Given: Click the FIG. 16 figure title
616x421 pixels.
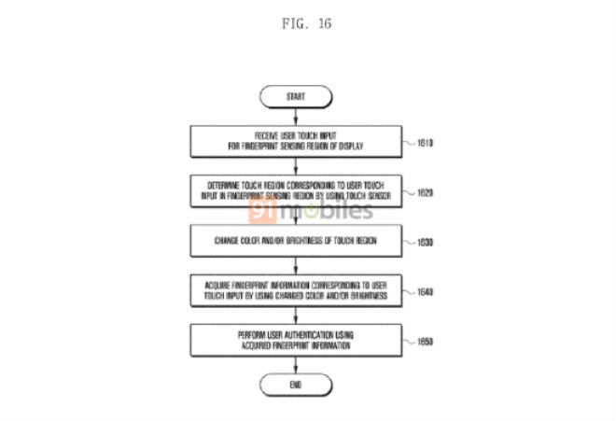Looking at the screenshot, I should click(x=307, y=22).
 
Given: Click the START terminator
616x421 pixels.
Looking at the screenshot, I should click(x=297, y=95).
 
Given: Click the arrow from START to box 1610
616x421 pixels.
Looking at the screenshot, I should click(x=297, y=116).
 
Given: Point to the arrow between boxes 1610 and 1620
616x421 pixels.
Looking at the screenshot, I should click(x=297, y=167).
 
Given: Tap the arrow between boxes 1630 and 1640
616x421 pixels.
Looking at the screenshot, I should click(x=297, y=264).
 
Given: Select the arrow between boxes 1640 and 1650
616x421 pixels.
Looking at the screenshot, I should click(x=297, y=314).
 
